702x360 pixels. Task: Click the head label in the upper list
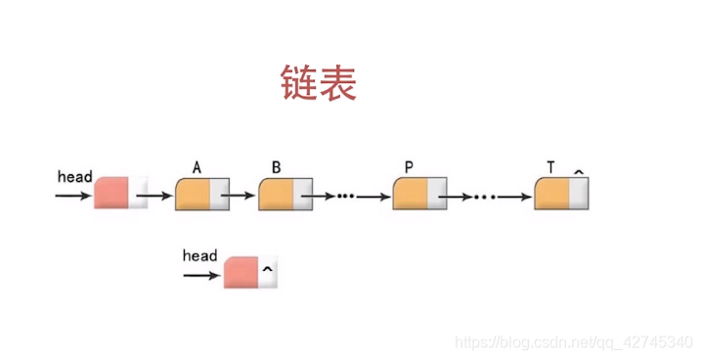[75, 177]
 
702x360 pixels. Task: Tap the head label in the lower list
[199, 256]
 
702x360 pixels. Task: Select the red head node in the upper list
[111, 194]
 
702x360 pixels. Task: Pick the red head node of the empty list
[241, 273]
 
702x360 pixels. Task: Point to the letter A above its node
[197, 167]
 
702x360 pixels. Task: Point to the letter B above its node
[277, 167]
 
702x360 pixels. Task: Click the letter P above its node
[409, 167]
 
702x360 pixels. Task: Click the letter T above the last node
[551, 167]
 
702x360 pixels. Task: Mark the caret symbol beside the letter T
[578, 171]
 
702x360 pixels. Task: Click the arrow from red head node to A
[154, 195]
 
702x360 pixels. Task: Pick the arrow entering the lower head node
[201, 276]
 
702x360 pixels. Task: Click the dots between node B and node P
[344, 197]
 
